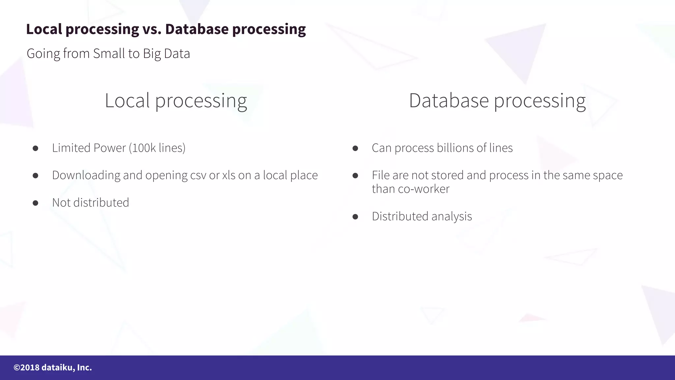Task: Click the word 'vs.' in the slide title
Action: pos(152,29)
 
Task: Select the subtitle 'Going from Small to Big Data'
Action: pos(108,53)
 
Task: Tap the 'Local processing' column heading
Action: pos(176,101)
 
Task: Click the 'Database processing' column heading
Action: pos(497,101)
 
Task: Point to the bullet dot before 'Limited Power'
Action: pos(35,148)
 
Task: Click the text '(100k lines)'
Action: pos(157,148)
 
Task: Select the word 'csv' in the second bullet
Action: pos(198,175)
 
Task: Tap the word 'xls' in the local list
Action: pos(228,175)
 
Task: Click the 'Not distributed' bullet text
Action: pos(90,203)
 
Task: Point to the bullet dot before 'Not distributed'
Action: pos(35,203)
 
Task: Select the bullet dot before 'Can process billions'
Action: pos(355,148)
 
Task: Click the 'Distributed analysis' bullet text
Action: pos(422,216)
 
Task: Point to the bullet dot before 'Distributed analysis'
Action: pos(355,217)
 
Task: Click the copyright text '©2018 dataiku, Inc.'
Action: pos(53,367)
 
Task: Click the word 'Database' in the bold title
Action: pos(197,29)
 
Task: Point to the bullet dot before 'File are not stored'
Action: pos(355,176)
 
